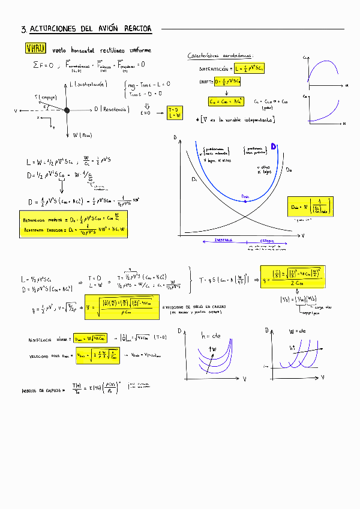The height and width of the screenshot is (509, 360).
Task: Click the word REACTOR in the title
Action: click(x=138, y=28)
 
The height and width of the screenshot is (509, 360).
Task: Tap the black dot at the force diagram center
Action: click(x=67, y=110)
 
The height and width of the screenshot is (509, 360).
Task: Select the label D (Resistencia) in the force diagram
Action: click(x=112, y=109)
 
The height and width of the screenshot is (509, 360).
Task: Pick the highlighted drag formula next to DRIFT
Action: click(x=228, y=80)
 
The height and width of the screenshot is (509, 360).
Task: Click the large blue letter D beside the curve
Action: click(x=274, y=146)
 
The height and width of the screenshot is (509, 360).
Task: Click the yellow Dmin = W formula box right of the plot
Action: click(x=309, y=206)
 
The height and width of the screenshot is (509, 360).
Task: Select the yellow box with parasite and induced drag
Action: click(x=73, y=224)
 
